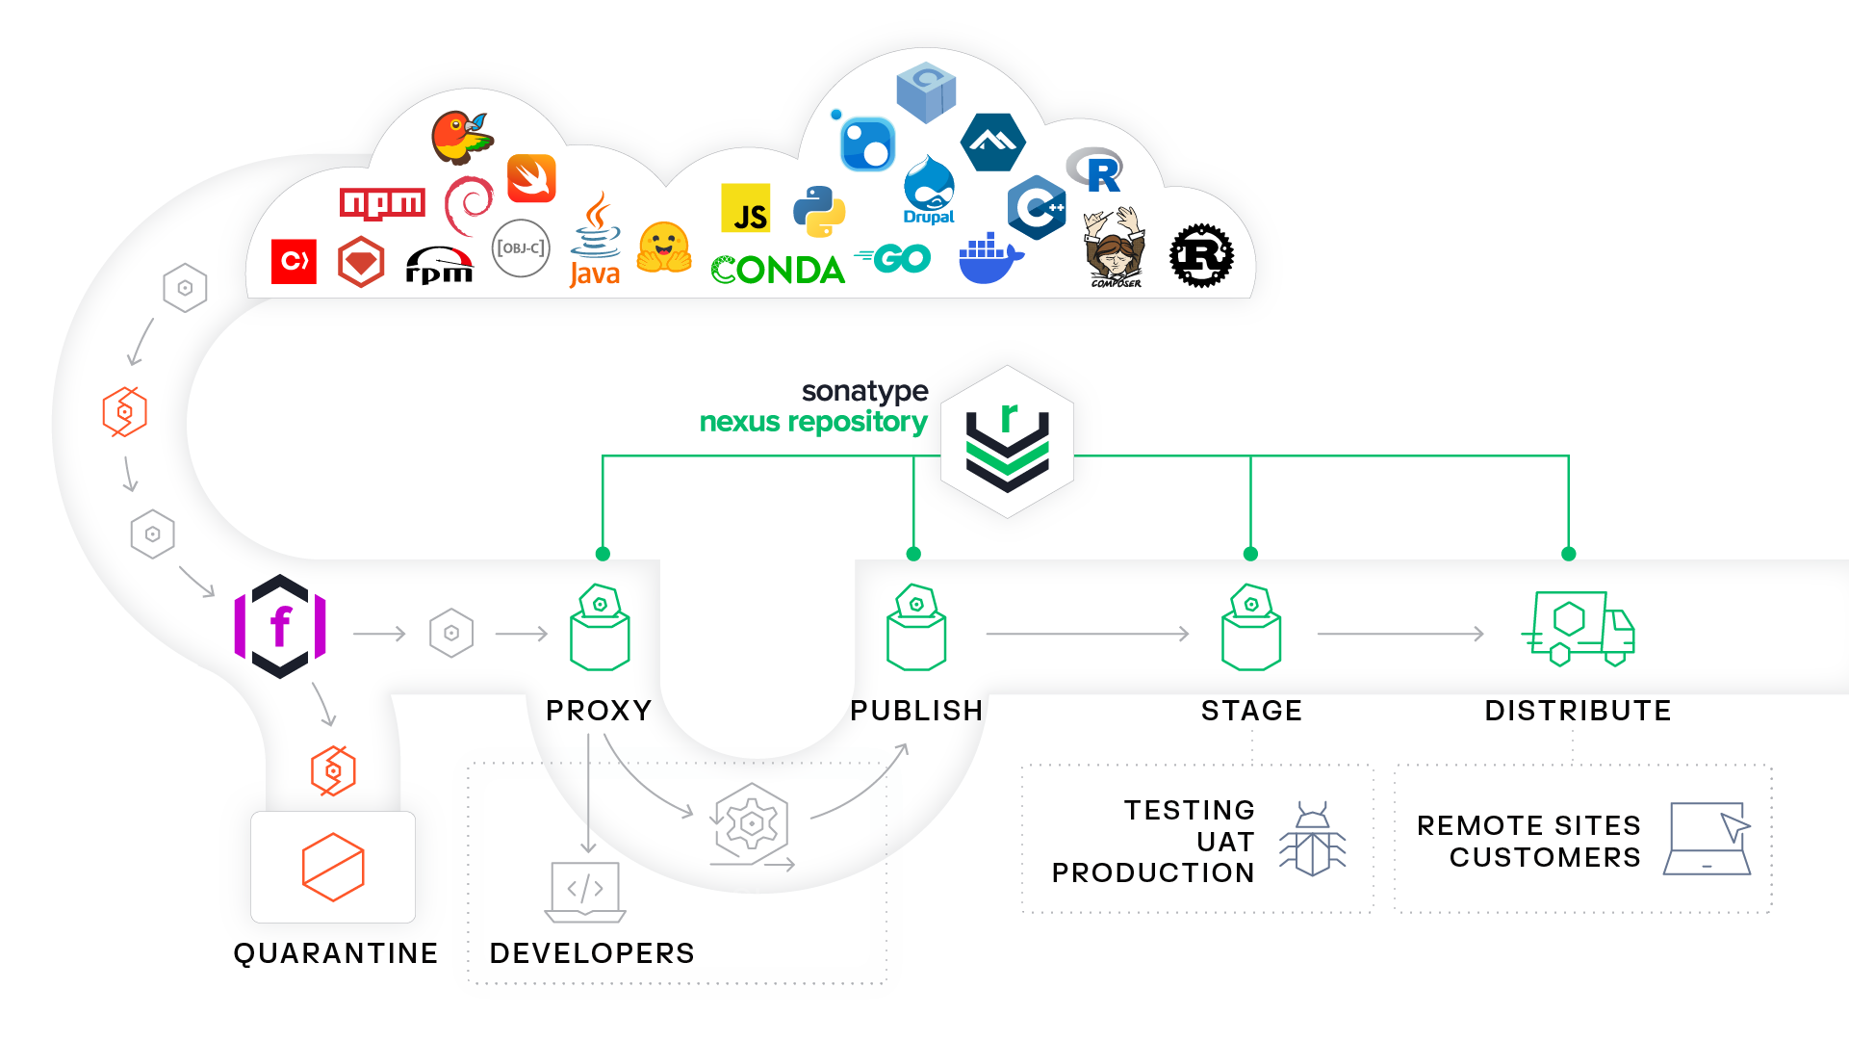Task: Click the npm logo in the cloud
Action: pyautogui.click(x=382, y=203)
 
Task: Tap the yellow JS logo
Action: pyautogui.click(x=746, y=208)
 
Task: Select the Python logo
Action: pyautogui.click(x=818, y=211)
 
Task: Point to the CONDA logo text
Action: pyautogui.click(x=778, y=271)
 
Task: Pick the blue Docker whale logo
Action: pyautogui.click(x=989, y=258)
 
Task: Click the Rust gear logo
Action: pyautogui.click(x=1200, y=256)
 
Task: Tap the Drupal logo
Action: pyautogui.click(x=929, y=191)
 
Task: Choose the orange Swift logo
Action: pyautogui.click(x=531, y=178)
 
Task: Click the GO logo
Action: pyautogui.click(x=894, y=258)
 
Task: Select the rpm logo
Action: pyautogui.click(x=439, y=266)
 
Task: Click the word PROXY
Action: pyautogui.click(x=599, y=711)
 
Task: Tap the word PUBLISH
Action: pyautogui.click(x=916, y=711)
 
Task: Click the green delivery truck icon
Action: pyautogui.click(x=1579, y=629)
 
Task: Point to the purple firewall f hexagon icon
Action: pyautogui.click(x=280, y=627)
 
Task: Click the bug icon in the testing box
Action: pyautogui.click(x=1312, y=839)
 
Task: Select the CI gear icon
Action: pyautogui.click(x=752, y=824)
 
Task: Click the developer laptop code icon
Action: pyautogui.click(x=585, y=891)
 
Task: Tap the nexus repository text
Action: pyautogui.click(x=813, y=422)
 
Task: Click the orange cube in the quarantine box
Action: pyautogui.click(x=333, y=867)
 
